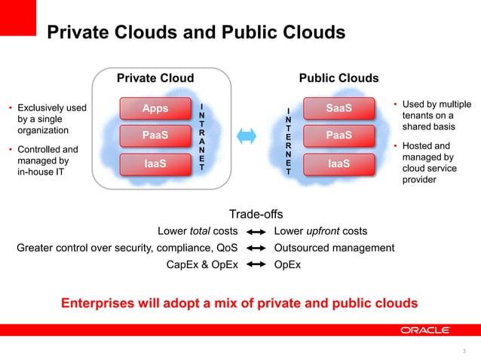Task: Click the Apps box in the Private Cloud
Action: [155, 109]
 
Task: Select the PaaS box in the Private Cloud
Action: [155, 136]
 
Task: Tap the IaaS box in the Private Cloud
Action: [155, 163]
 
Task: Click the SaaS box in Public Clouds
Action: [339, 109]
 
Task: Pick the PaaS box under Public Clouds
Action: [339, 136]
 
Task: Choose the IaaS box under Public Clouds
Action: [339, 163]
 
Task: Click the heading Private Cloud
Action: [155, 78]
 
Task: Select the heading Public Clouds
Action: [339, 78]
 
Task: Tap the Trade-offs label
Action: [256, 214]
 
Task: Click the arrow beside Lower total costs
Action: [256, 231]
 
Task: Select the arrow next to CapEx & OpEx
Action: [256, 264]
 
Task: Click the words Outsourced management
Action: [334, 248]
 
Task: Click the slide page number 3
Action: [464, 350]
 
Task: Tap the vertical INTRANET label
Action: [201, 136]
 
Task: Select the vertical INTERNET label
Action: [287, 142]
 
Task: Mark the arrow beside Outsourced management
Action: [256, 248]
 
